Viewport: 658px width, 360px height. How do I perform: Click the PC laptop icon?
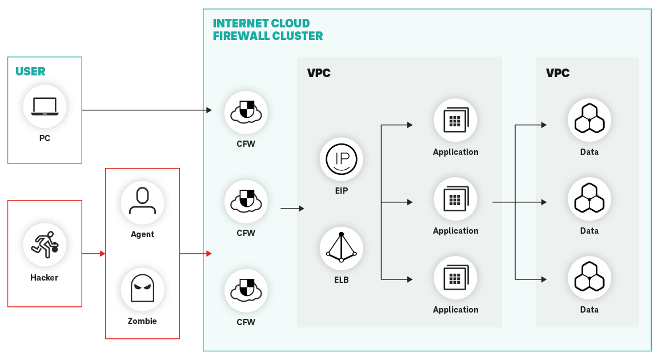tap(45, 107)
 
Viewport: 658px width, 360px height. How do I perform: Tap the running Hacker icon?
tap(45, 244)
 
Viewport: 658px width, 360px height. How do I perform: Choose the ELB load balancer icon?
tap(341, 248)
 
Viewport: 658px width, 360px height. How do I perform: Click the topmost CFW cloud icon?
tap(246, 112)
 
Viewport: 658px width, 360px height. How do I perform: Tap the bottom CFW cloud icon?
tap(246, 291)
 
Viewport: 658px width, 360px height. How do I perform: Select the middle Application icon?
tap(455, 199)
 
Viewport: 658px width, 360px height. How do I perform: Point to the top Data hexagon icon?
tap(589, 120)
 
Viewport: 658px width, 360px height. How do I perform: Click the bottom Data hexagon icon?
tap(589, 278)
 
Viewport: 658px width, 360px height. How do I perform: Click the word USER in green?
tap(30, 71)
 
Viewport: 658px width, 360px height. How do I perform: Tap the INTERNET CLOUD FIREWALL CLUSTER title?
tap(267, 30)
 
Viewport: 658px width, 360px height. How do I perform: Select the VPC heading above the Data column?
tap(557, 73)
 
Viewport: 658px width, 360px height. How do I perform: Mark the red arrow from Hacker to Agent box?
tap(94, 253)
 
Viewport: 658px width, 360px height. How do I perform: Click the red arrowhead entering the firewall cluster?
tap(209, 253)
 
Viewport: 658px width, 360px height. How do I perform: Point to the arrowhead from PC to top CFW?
tap(209, 110)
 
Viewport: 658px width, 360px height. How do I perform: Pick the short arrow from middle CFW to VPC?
tap(292, 209)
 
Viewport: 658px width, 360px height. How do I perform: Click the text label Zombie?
tap(142, 321)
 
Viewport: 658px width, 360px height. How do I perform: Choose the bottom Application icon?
tap(455, 278)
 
